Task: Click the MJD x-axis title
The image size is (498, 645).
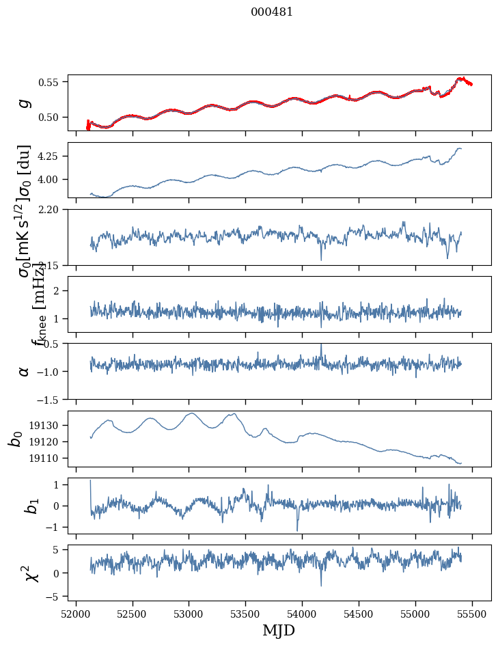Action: click(279, 630)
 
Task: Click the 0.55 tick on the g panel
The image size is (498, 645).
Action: click(53, 82)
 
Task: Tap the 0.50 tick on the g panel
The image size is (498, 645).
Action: click(53, 117)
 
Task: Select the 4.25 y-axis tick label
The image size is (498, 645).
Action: click(53, 156)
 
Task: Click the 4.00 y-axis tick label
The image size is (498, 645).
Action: click(53, 179)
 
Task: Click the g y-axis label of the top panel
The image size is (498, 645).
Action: click(24, 102)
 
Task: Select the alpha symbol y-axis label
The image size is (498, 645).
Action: click(24, 371)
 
